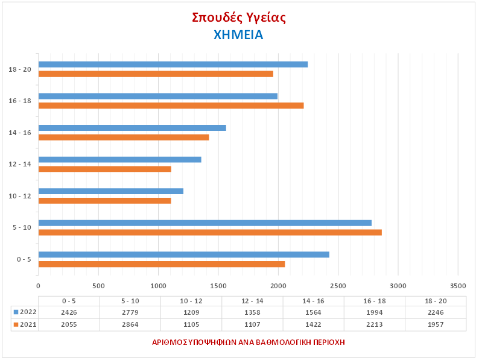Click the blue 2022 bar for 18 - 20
coord(173,65)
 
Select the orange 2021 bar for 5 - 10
coord(210,232)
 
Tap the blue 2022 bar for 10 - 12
coord(111,191)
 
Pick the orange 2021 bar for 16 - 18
coord(171,106)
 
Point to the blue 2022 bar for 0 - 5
coord(184,254)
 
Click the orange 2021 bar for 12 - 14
coord(105,169)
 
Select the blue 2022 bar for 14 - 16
coord(132,128)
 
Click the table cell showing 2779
coord(130,312)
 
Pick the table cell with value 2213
coord(374,324)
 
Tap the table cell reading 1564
coord(313,312)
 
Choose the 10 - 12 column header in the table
coord(191,300)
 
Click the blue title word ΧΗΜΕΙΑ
coord(239,34)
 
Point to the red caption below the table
coord(249,342)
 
